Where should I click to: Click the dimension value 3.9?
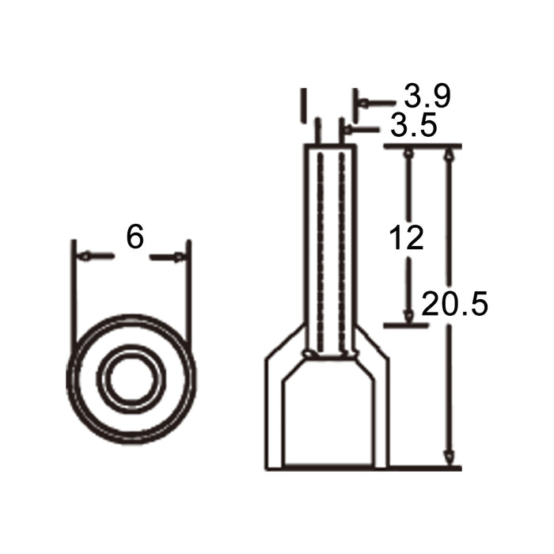pos(427,96)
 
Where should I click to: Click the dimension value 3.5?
pos(414,125)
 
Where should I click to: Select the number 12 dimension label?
pos(406,237)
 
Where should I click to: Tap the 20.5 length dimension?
pos(455,303)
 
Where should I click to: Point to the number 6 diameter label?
pos(135,237)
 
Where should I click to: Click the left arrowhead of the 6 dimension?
pos(85,256)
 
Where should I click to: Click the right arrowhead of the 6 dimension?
pos(179,256)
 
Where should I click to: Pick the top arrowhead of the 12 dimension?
pos(409,154)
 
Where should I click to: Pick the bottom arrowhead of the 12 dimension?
pos(409,317)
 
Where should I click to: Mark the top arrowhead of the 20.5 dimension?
pos(449,154)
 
